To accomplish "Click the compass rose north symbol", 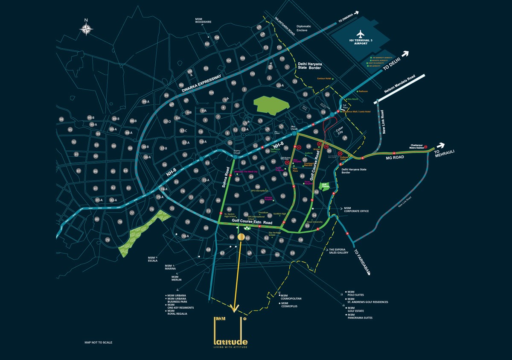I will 86,28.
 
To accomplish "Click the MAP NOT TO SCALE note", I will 99,342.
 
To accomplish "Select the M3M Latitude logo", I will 230,331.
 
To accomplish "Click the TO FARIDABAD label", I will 362,261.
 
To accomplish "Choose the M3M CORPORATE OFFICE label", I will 356,209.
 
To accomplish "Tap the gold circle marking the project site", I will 241,237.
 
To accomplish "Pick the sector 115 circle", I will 259,27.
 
